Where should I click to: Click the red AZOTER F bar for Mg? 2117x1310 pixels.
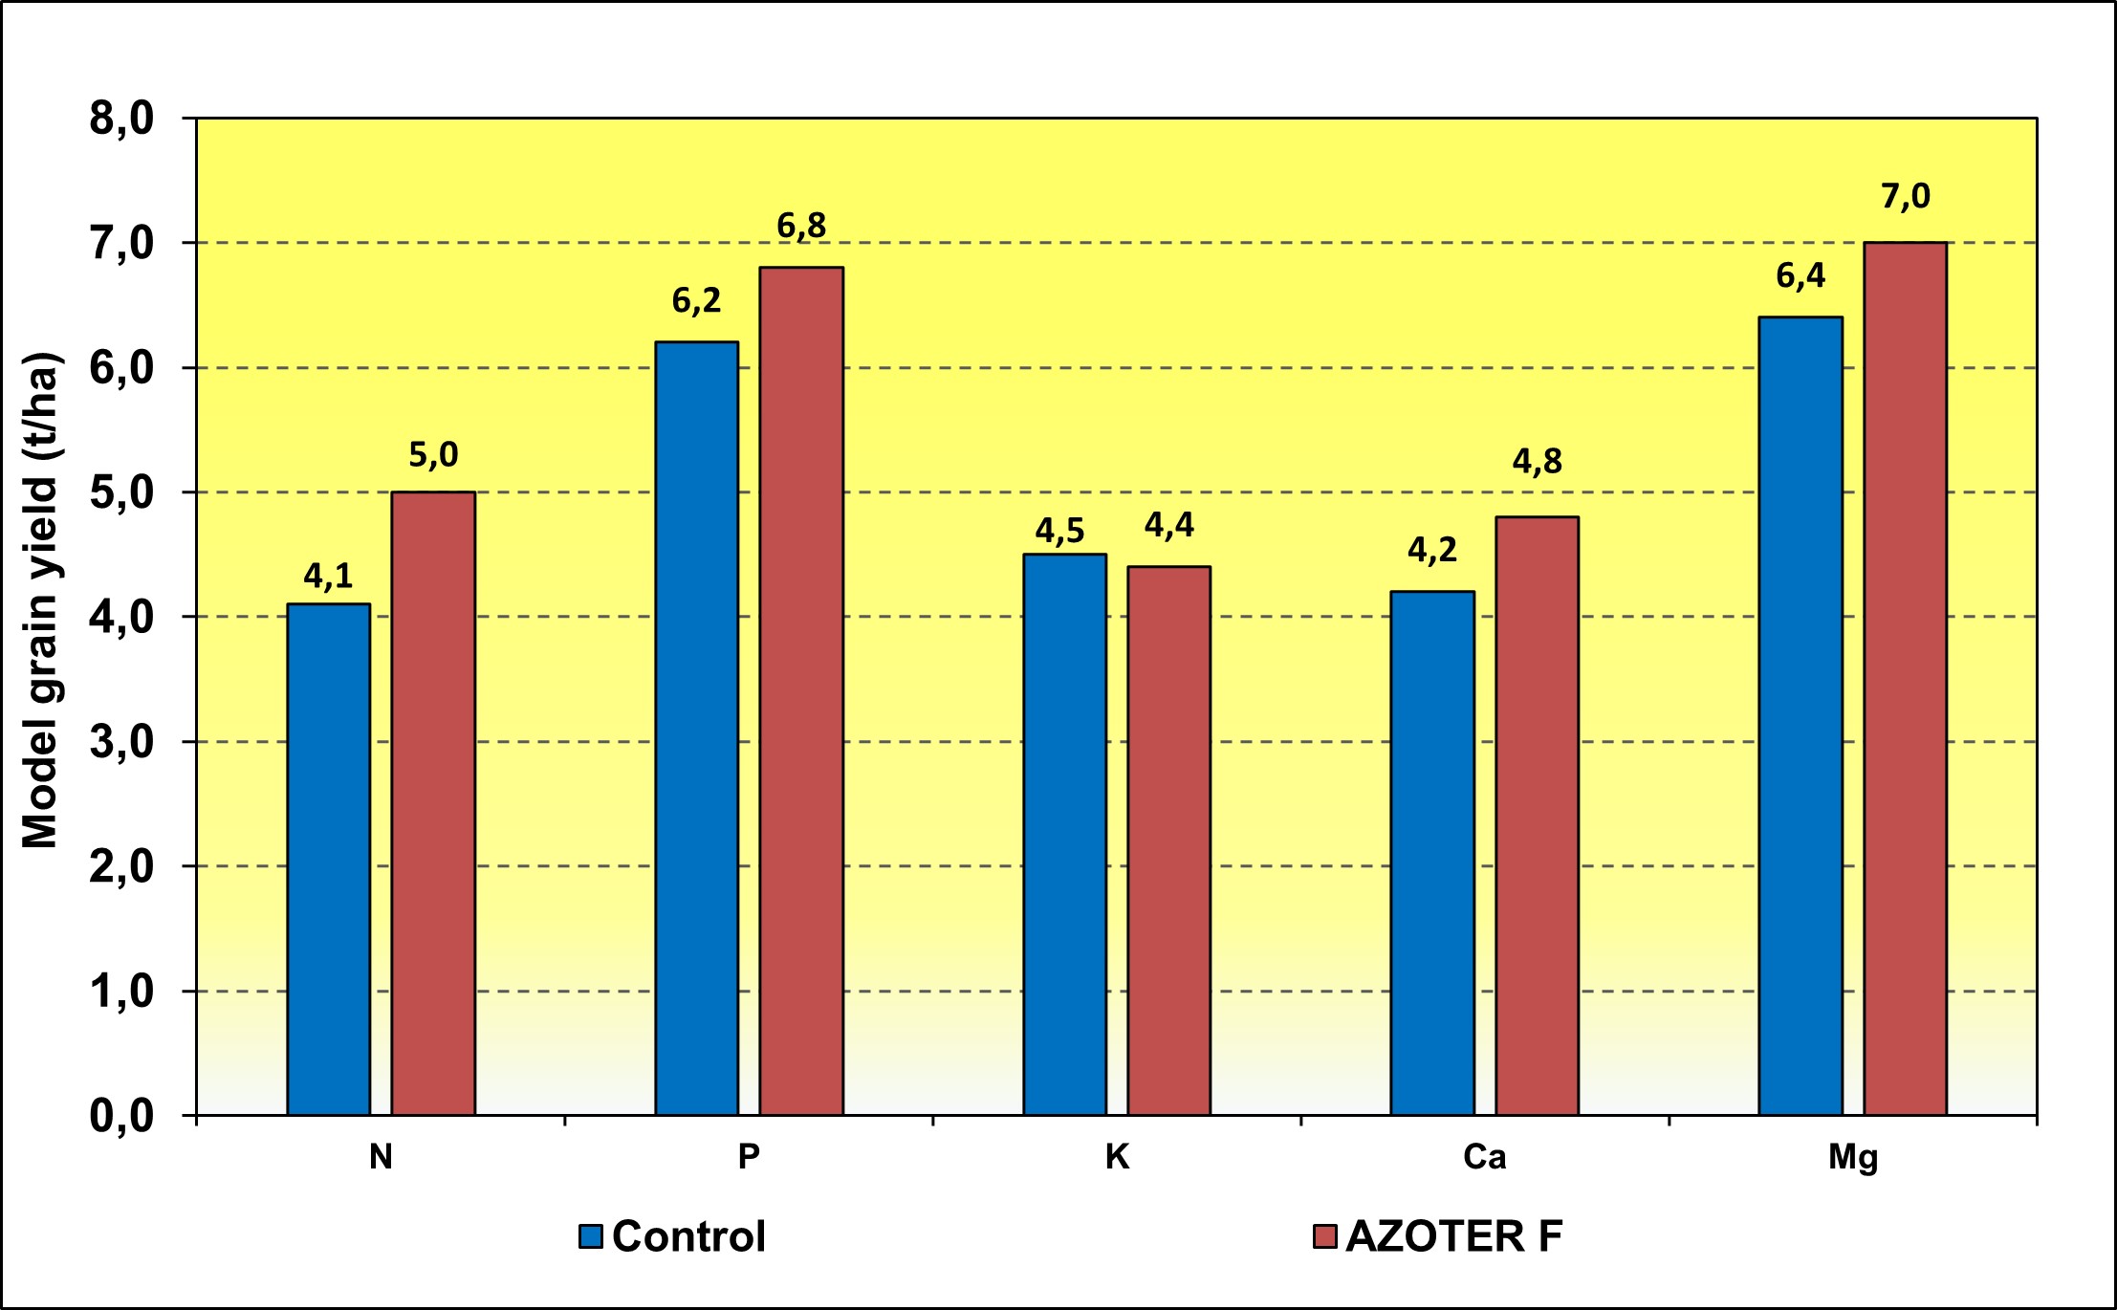(1905, 678)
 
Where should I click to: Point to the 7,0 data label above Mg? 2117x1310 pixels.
(1905, 197)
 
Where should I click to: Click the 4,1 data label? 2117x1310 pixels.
(328, 577)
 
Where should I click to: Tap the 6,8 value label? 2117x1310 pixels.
(801, 227)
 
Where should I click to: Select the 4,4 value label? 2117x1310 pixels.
(1169, 526)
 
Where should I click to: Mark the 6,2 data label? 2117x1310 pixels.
(696, 301)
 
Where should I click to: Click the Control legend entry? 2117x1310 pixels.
(672, 1236)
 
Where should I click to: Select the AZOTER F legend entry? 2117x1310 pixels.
(1438, 1236)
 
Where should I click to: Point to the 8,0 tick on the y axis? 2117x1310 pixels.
(121, 119)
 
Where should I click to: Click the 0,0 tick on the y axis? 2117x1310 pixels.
(121, 1116)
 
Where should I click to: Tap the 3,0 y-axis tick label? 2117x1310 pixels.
(121, 742)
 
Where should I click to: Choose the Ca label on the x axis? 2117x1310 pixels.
(1484, 1158)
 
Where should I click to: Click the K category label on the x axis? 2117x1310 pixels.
(1117, 1158)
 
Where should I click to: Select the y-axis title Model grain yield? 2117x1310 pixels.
(40, 600)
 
